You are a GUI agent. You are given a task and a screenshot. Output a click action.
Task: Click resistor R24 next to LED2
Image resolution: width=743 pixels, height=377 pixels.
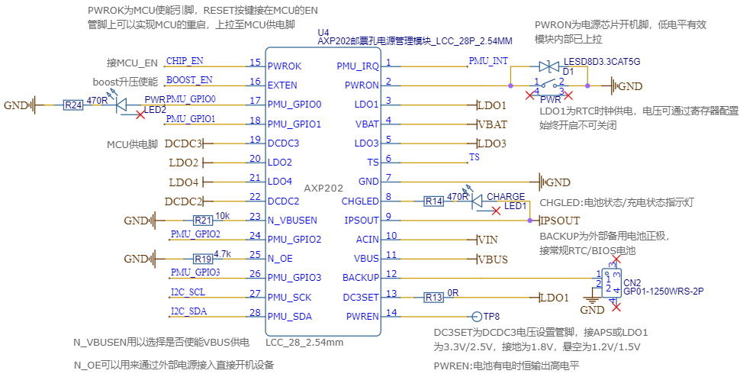pyautogui.click(x=72, y=105)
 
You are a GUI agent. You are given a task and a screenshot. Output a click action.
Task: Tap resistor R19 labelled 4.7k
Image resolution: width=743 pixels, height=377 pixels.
pyautogui.click(x=201, y=259)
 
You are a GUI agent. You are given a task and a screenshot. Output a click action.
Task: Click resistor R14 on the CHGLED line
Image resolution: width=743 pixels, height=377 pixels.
pyautogui.click(x=434, y=201)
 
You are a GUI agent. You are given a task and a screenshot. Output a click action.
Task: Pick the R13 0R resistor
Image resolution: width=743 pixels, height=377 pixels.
pyautogui.click(x=434, y=297)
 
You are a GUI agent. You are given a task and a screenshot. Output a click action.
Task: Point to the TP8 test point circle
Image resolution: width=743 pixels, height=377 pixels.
pyautogui.click(x=467, y=316)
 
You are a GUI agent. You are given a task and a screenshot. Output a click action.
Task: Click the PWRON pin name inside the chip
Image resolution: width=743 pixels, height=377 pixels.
pyautogui.click(x=362, y=85)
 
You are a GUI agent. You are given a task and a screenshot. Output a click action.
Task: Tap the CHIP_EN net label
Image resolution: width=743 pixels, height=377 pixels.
pyautogui.click(x=185, y=61)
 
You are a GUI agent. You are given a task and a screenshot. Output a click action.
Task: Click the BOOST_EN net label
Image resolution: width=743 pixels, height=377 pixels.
pyautogui.click(x=189, y=80)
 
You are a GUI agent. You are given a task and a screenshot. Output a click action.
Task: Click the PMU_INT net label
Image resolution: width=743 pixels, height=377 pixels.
pyautogui.click(x=488, y=60)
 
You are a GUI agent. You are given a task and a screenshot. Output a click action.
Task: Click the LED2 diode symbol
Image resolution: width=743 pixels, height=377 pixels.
pyautogui.click(x=123, y=105)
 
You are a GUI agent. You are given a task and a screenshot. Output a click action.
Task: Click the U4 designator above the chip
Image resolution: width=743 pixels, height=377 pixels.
pyautogui.click(x=323, y=32)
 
